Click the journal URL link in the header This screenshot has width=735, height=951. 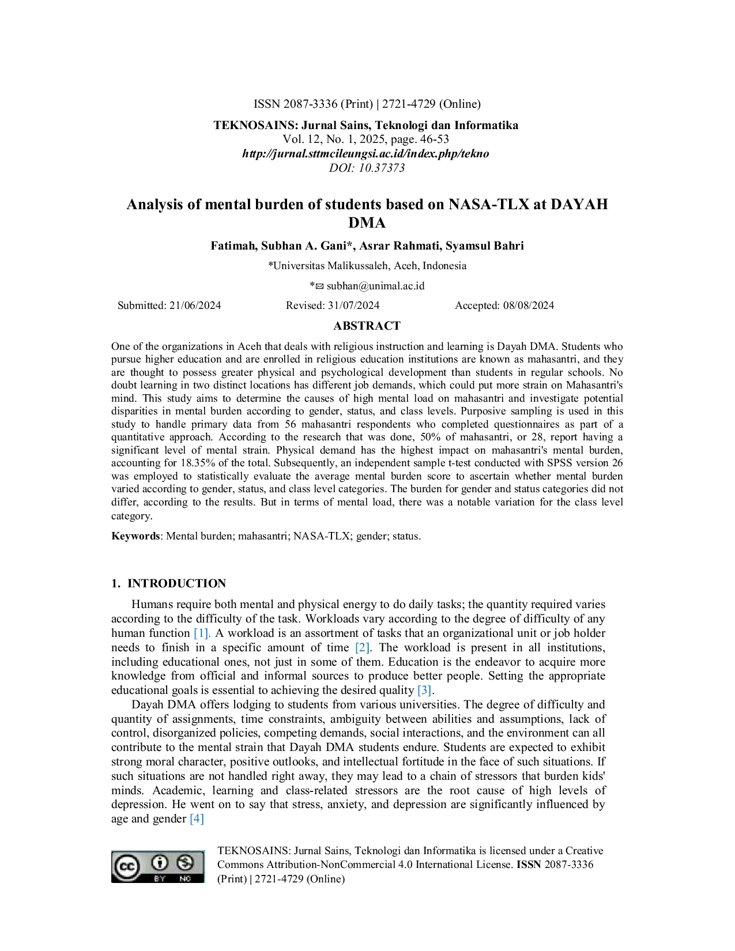(365, 154)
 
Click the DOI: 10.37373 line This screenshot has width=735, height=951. (367, 168)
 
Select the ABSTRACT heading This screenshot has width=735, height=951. (367, 326)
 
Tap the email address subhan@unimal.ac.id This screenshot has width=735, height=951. (376, 286)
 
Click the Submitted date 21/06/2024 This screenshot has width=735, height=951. (195, 305)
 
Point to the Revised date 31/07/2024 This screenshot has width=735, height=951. (354, 305)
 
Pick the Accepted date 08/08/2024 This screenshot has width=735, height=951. (529, 305)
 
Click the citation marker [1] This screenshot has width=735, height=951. (202, 633)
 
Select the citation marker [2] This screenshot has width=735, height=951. (363, 648)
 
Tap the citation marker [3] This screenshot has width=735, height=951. (425, 690)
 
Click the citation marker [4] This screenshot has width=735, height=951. (197, 819)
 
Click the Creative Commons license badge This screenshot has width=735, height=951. (157, 866)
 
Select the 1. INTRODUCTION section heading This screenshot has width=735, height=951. (168, 583)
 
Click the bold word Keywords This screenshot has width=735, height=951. (135, 536)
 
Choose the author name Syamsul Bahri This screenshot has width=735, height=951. (485, 246)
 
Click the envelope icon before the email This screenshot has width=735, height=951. (319, 286)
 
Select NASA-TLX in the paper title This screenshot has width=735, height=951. (489, 205)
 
